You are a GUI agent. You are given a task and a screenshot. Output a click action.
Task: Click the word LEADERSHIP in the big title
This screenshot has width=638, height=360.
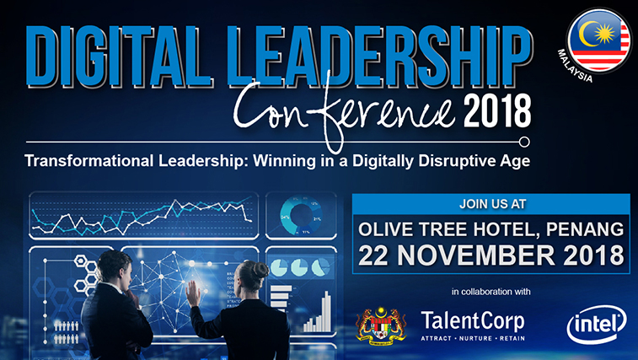click(379, 56)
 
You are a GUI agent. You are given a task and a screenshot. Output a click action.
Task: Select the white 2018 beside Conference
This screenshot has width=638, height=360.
click(497, 110)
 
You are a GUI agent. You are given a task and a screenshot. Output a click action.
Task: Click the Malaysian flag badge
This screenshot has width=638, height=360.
click(599, 40)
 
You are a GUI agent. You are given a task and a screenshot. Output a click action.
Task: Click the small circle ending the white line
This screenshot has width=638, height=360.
click(524, 142)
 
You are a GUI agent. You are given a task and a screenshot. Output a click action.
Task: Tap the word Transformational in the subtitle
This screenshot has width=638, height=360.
click(89, 160)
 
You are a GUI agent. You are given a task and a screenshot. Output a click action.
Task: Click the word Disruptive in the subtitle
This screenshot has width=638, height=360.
click(457, 161)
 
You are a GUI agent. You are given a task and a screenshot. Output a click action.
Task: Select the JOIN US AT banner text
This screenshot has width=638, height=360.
click(493, 204)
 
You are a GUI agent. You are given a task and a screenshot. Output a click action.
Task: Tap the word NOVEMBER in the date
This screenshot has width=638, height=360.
click(475, 255)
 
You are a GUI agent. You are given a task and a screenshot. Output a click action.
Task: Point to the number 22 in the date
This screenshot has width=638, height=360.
click(373, 255)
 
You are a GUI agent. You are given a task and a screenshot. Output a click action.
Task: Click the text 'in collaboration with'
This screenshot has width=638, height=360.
click(491, 292)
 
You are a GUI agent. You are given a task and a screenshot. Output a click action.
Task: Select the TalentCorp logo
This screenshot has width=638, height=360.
click(473, 325)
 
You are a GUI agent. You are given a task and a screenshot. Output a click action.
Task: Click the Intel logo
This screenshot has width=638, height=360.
click(597, 325)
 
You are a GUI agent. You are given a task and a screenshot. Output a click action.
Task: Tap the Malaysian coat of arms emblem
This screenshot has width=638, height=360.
click(381, 326)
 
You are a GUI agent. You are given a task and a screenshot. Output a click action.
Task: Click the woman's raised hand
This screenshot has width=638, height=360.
click(193, 293)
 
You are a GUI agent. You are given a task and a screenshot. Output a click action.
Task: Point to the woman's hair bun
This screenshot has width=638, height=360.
click(260, 270)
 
